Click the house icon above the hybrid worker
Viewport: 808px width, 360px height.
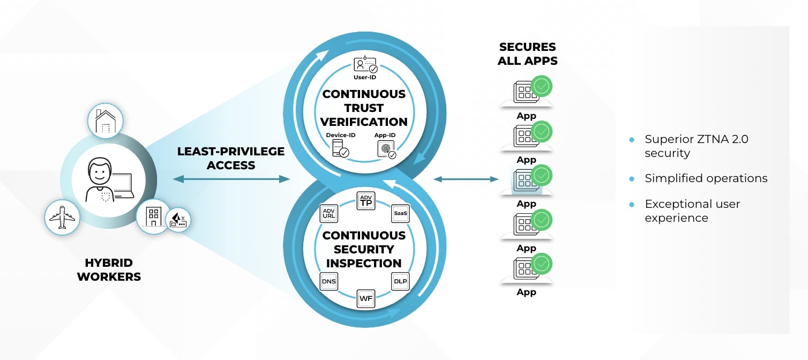[106, 122]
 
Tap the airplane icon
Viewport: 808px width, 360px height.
[62, 218]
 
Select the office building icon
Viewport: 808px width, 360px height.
[153, 216]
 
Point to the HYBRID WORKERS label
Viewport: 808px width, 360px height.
[109, 270]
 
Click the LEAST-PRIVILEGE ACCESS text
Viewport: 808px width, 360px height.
[231, 158]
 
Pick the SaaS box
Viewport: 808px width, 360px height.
[400, 213]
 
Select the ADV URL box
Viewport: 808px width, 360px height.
[328, 214]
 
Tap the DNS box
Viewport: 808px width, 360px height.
[328, 281]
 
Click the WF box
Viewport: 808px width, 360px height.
[366, 298]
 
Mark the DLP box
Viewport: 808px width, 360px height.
[400, 281]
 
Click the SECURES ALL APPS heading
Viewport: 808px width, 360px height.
[527, 54]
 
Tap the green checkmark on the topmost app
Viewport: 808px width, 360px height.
[542, 86]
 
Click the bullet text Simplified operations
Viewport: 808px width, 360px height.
[706, 178]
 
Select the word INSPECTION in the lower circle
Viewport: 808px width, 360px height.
[364, 263]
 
